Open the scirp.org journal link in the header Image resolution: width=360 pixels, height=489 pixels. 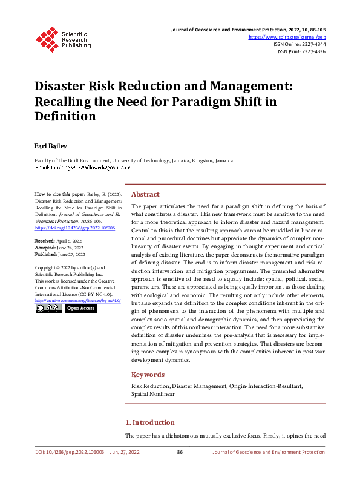pyautogui.click(x=292, y=38)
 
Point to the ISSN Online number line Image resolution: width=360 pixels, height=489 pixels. pyautogui.click(x=300, y=45)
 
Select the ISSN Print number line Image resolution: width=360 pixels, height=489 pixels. pyautogui.click(x=301, y=52)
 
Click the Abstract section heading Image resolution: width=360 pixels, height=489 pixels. pyautogui.click(x=145, y=194)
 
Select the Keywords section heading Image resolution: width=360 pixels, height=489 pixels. pyautogui.click(x=148, y=375)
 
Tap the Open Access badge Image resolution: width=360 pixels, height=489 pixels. pyautogui.click(x=80, y=308)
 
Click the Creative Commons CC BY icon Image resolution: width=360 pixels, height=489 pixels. pyautogui.click(x=48, y=308)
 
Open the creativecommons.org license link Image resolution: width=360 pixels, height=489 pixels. pyautogui.click(x=77, y=300)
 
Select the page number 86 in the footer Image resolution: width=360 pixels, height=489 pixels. pyautogui.click(x=180, y=452)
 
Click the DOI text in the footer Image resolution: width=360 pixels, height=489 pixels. pyautogui.click(x=70, y=452)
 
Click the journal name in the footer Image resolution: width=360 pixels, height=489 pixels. pyautogui.click(x=269, y=452)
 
